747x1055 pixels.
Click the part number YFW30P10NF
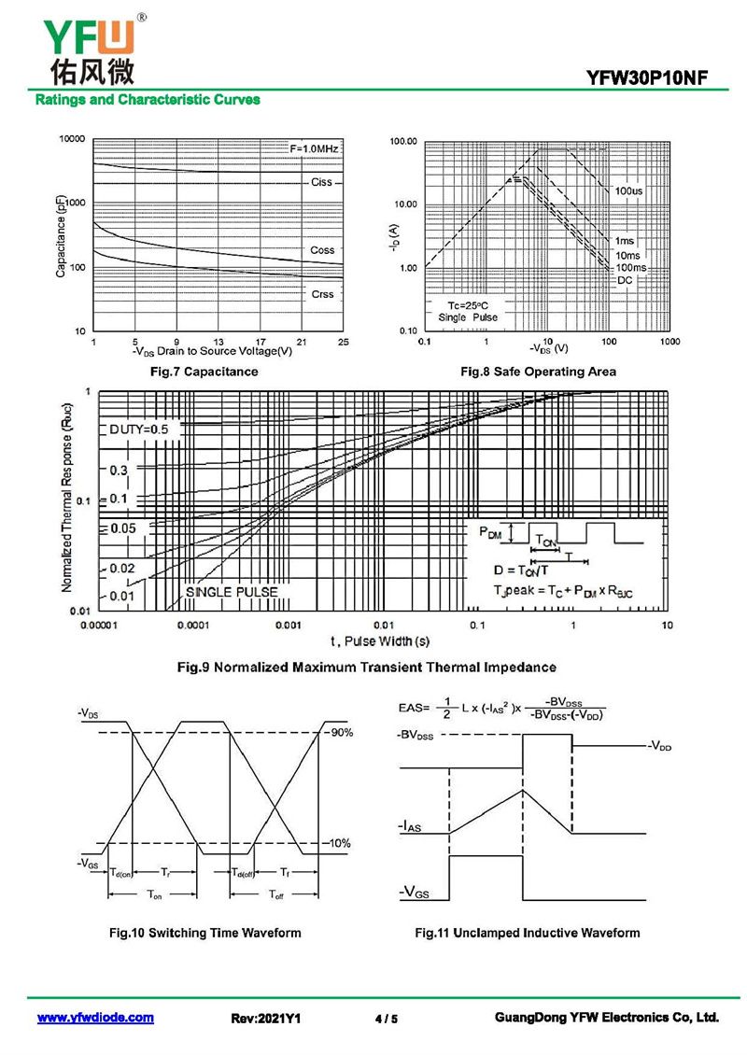(x=646, y=77)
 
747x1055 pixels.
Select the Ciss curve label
(x=321, y=182)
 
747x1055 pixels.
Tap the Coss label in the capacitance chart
(x=322, y=249)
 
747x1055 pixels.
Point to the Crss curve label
(x=322, y=294)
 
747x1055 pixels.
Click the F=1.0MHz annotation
(x=314, y=148)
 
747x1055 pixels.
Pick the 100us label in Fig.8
(x=627, y=191)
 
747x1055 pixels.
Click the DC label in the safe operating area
(x=625, y=280)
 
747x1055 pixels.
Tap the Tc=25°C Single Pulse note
(x=468, y=311)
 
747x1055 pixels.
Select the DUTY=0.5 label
(x=138, y=429)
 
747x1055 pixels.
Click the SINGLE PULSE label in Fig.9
(x=232, y=592)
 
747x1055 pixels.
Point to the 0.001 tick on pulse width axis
(x=288, y=625)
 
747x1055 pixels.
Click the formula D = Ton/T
(x=521, y=570)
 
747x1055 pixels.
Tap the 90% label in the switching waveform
(x=341, y=732)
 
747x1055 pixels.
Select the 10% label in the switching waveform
(x=340, y=843)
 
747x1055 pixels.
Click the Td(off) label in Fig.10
(x=243, y=873)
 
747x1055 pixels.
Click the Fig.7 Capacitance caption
(x=204, y=372)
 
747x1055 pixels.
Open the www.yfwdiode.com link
(x=95, y=1018)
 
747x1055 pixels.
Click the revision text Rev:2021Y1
(x=266, y=1019)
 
